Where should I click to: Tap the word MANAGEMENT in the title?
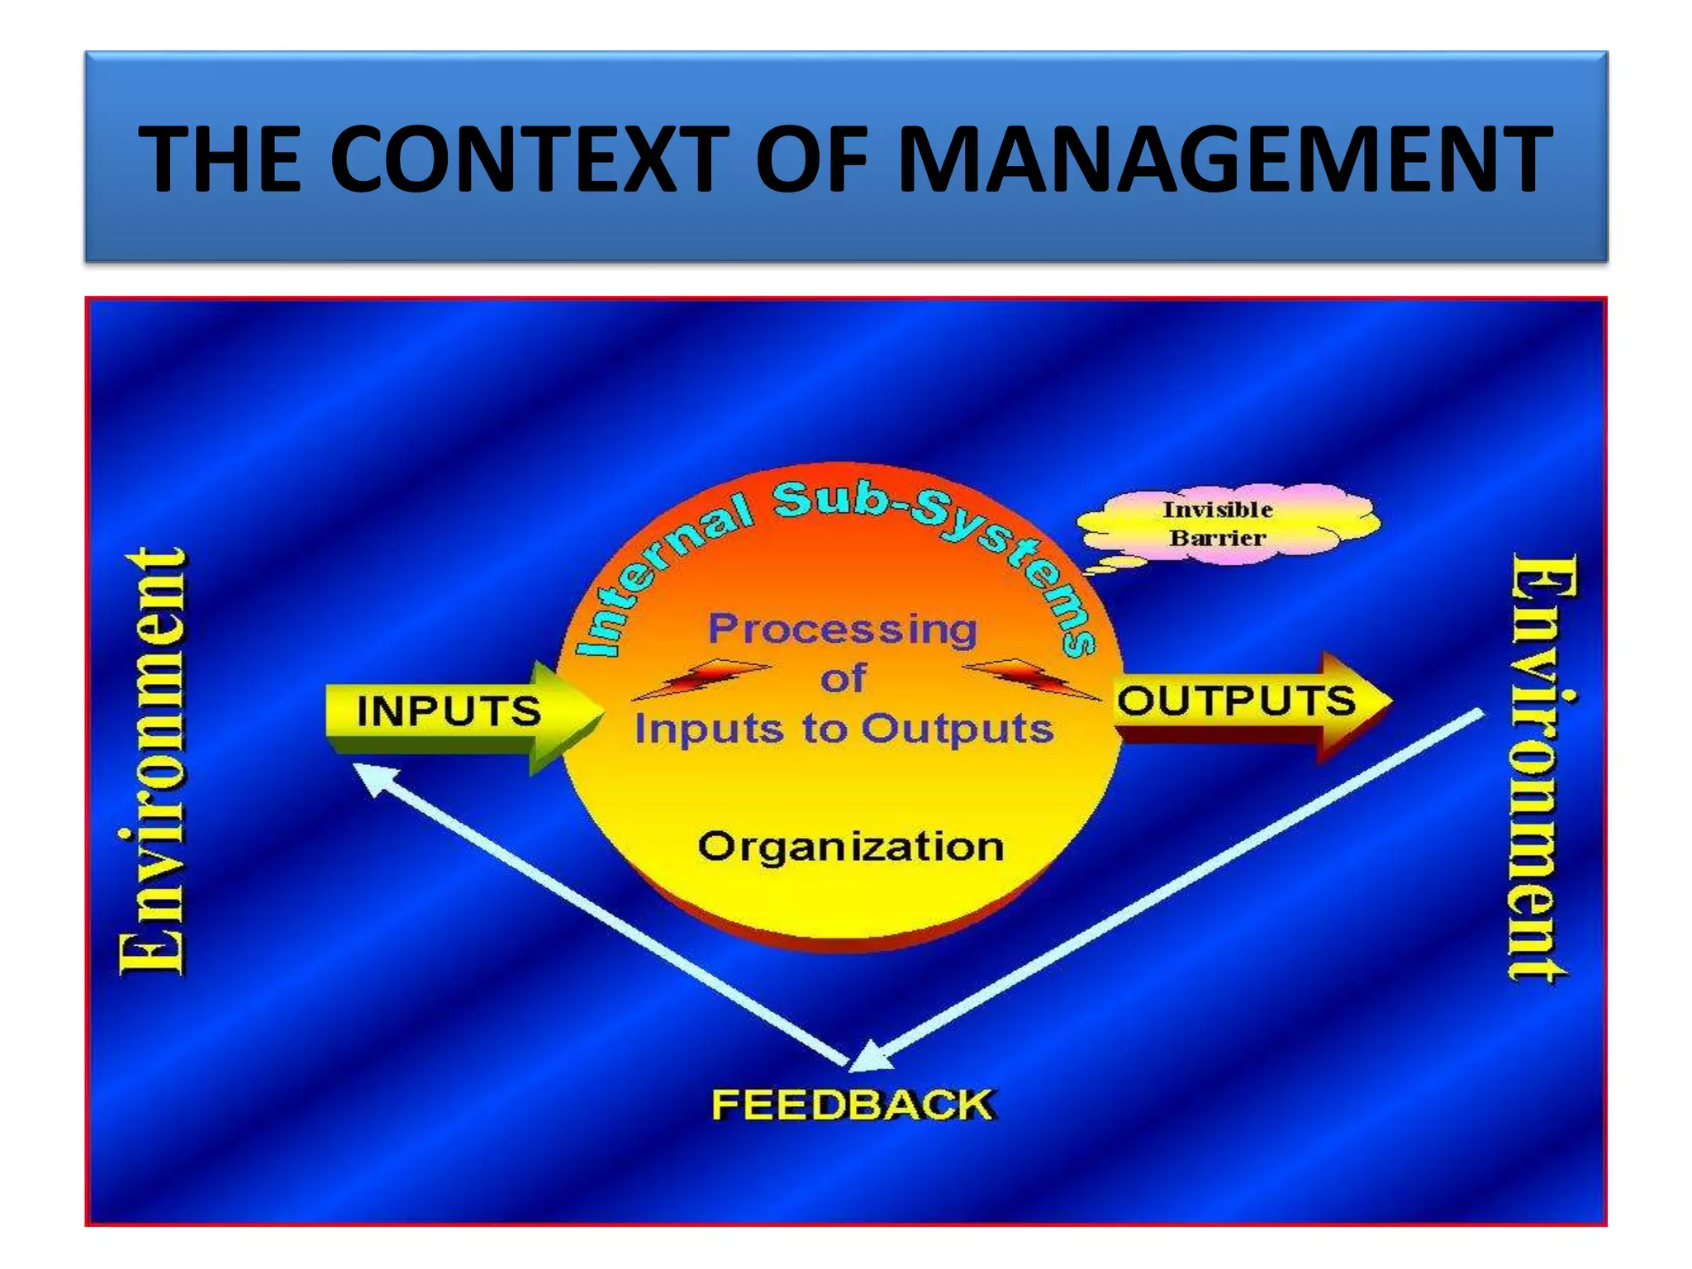click(x=1224, y=159)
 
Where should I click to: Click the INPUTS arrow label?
click(x=449, y=711)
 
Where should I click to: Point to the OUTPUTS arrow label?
click(x=1236, y=701)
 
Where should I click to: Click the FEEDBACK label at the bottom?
click(x=853, y=1105)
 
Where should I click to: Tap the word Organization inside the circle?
click(x=850, y=846)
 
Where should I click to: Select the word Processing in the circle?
click(x=843, y=630)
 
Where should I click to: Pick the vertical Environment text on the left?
click(x=153, y=761)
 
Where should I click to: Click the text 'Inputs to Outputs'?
click(x=844, y=729)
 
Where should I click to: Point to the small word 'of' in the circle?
click(x=843, y=679)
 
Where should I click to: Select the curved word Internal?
click(x=653, y=578)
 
